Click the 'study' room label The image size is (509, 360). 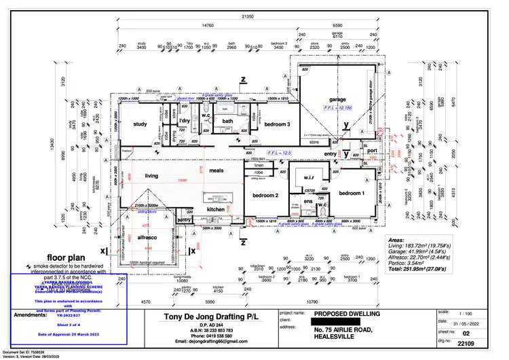140,124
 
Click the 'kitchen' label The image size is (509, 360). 216,209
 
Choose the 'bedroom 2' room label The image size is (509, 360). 266,196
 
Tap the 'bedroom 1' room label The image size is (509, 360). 352,193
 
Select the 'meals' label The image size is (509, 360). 216,170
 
